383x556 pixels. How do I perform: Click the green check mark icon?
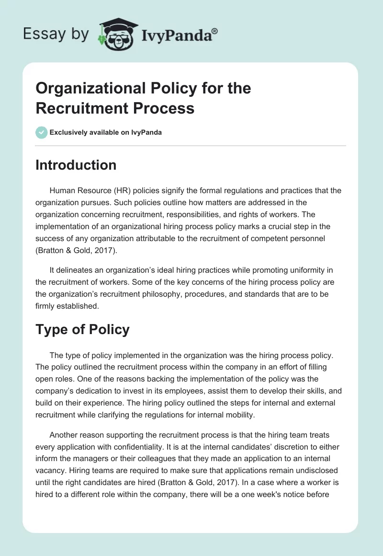tap(42, 132)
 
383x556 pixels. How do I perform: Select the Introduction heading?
tap(76, 165)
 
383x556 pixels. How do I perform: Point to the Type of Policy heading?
tap(82, 330)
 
